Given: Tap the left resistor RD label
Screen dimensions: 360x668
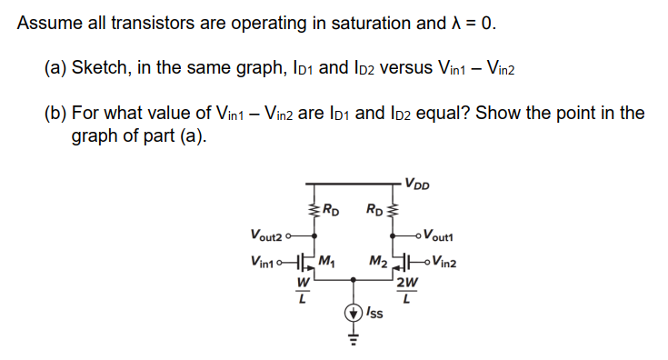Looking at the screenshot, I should point(332,215).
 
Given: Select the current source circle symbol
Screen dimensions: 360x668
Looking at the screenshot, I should point(352,314).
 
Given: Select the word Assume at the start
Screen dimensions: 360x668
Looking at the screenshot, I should point(45,24).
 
